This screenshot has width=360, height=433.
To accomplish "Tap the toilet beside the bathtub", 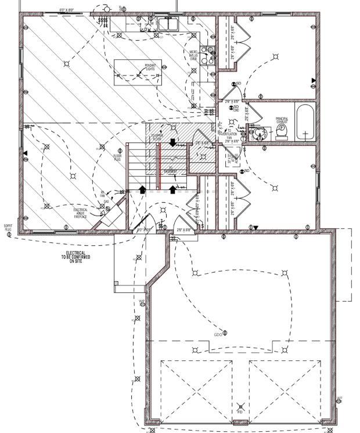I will (x=282, y=131).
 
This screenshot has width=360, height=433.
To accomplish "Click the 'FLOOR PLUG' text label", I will (x=117, y=156).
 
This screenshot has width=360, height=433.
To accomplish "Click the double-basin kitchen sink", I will (x=168, y=26).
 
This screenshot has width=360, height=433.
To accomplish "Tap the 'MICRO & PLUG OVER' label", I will (x=193, y=56).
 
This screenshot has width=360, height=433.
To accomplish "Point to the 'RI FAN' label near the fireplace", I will (x=103, y=193).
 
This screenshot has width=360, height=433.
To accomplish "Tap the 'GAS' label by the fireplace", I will (x=107, y=202).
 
